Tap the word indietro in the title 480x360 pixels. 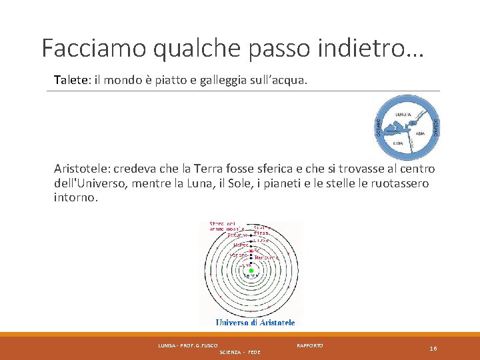(375, 47)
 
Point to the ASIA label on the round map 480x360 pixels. (420, 133)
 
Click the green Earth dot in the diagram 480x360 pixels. (251, 271)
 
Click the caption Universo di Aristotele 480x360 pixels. (255, 323)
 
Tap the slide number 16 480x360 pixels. (433, 349)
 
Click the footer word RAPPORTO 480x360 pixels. (310, 345)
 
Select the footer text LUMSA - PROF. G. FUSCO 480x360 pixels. (183, 345)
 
